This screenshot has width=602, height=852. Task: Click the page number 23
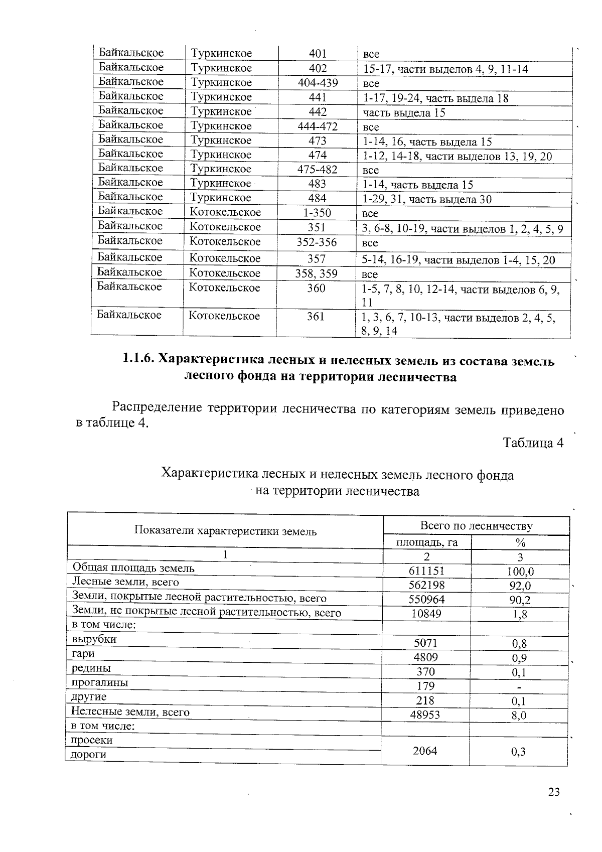[x=553, y=792]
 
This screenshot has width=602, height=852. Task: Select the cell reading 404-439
[x=318, y=83]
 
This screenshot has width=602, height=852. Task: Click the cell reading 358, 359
[x=317, y=274]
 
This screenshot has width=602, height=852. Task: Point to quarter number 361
[x=316, y=317]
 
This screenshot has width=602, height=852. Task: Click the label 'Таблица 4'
[x=533, y=443]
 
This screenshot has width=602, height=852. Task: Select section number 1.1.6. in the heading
[x=138, y=360]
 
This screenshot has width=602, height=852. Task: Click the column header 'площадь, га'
[x=427, y=542]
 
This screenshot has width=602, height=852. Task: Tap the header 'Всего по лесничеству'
[x=476, y=526]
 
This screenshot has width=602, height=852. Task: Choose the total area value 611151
[x=427, y=571]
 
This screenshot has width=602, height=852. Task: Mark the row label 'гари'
[x=83, y=654]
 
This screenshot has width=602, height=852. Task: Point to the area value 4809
[x=426, y=657]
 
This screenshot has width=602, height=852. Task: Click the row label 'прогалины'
[x=99, y=682]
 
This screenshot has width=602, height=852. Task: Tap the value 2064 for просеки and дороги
[x=424, y=751]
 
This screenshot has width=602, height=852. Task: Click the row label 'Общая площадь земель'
[x=133, y=568]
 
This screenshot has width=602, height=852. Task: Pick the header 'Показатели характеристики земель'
[x=225, y=531]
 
